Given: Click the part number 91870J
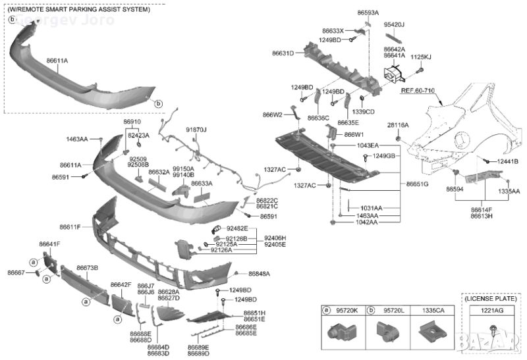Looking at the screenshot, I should pos(196,130).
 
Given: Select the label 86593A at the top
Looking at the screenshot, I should pos(368,13).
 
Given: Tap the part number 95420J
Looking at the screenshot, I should pos(394,24).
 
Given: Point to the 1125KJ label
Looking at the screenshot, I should pos(421,57).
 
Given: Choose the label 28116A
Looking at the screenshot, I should pos(398,124).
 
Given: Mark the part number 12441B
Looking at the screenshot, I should pos(507,161).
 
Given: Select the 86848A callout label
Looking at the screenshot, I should pos(259,273).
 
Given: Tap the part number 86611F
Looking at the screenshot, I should pos(70,227).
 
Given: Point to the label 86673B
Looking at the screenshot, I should pos(87,268).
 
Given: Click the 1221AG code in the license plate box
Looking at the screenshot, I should pos(491,310).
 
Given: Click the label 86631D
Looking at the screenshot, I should pos(284,53).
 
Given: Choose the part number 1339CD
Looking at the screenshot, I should pos(363,111).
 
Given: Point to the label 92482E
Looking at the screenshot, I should pos(236,228).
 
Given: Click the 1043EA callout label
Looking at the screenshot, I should pos(349,145).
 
